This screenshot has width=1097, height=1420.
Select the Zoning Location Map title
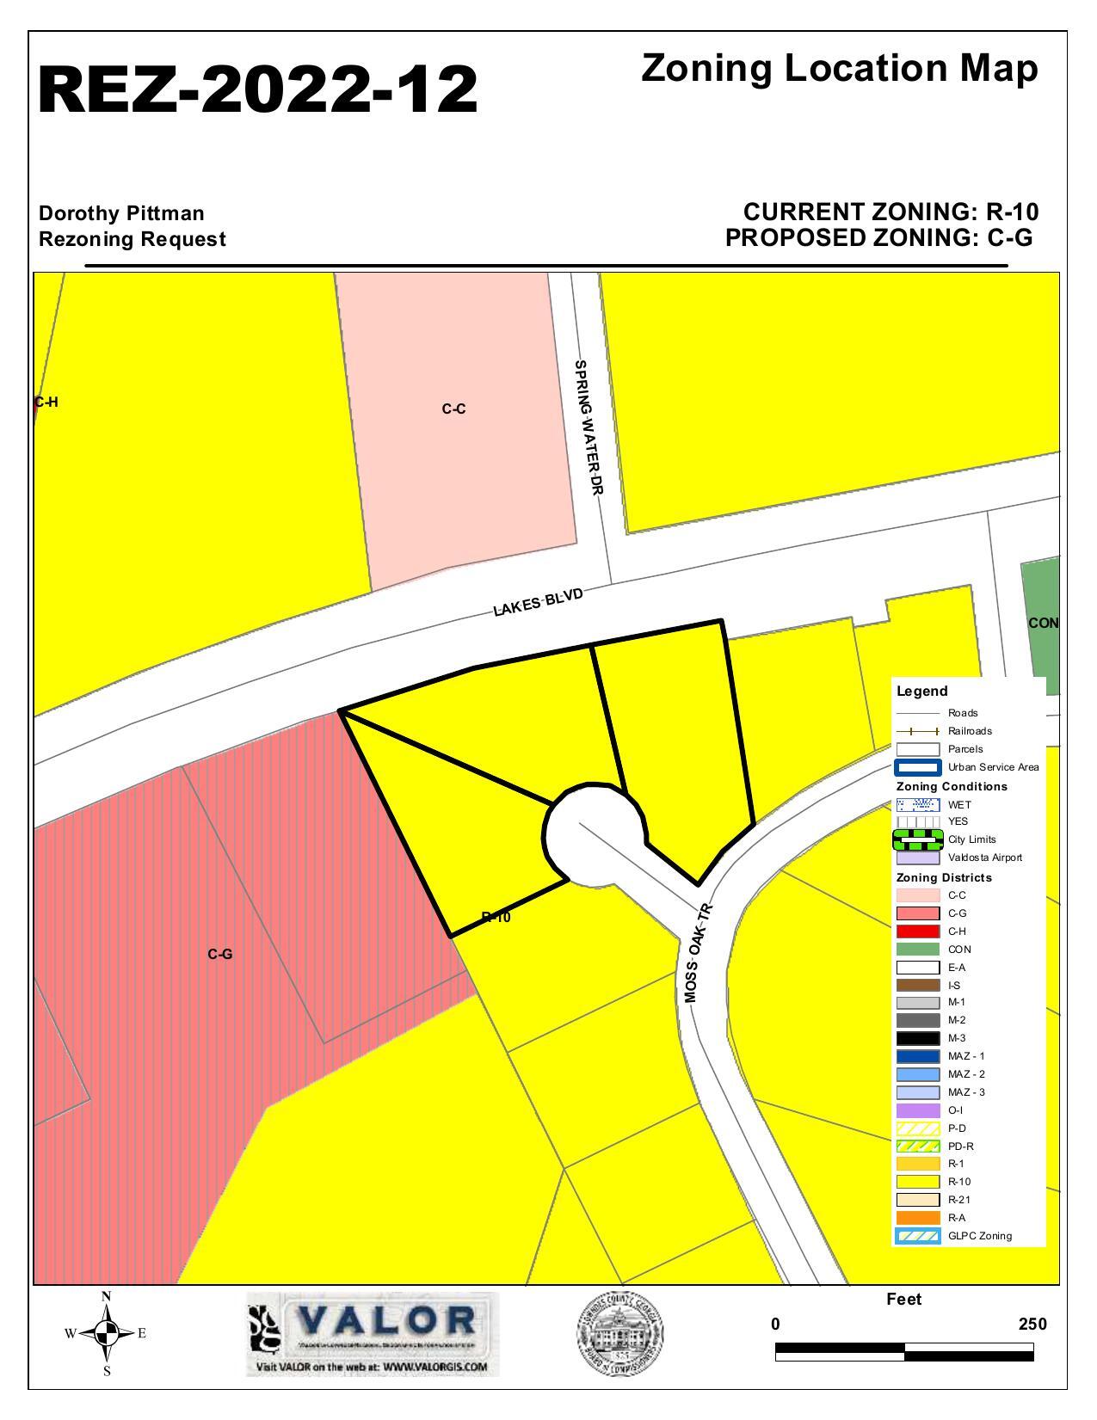tap(839, 68)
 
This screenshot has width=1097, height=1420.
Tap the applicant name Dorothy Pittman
tap(121, 212)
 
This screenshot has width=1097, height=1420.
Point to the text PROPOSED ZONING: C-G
tap(878, 238)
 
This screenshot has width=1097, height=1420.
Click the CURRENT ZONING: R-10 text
tap(891, 212)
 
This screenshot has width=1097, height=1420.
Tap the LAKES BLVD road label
tap(539, 602)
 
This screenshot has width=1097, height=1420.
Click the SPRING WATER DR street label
tap(589, 427)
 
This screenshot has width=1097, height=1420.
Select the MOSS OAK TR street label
tap(699, 952)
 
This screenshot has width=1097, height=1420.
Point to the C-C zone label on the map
tap(454, 409)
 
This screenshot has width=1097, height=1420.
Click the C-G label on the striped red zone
tap(220, 954)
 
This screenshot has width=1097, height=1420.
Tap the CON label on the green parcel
tap(1043, 623)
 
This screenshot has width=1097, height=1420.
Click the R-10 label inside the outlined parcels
tap(496, 918)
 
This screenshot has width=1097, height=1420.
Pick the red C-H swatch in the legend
tap(917, 931)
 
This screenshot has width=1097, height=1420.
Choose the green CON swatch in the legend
tap(917, 950)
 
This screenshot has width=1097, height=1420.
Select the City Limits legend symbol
tap(917, 839)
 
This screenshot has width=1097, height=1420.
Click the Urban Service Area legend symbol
tap(917, 767)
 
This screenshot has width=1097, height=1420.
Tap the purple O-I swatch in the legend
tap(917, 1110)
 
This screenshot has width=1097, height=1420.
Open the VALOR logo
tap(373, 1333)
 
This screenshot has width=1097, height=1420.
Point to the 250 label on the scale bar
tap(1032, 1325)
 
